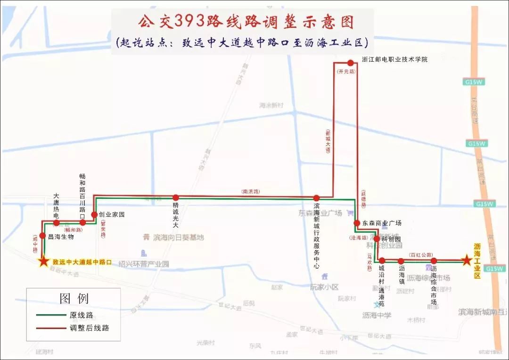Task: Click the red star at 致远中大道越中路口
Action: tap(44, 262)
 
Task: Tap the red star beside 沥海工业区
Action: tap(467, 260)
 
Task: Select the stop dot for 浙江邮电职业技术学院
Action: tap(350, 63)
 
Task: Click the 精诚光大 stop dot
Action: tap(175, 198)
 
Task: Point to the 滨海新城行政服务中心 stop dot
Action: tap(317, 198)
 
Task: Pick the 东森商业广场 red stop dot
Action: tap(357, 223)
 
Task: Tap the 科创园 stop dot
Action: tap(377, 238)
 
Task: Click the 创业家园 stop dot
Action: tap(94, 215)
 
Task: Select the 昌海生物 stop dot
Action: tap(43, 236)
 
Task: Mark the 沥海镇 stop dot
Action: tap(401, 261)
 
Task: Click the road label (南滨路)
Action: tap(251, 192)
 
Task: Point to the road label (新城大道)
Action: tap(328, 141)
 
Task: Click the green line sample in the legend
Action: tap(51, 315)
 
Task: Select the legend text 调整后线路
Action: tap(90, 328)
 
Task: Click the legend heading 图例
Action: tap(74, 298)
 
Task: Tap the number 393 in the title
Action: tap(191, 21)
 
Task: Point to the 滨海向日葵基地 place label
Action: tap(178, 237)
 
